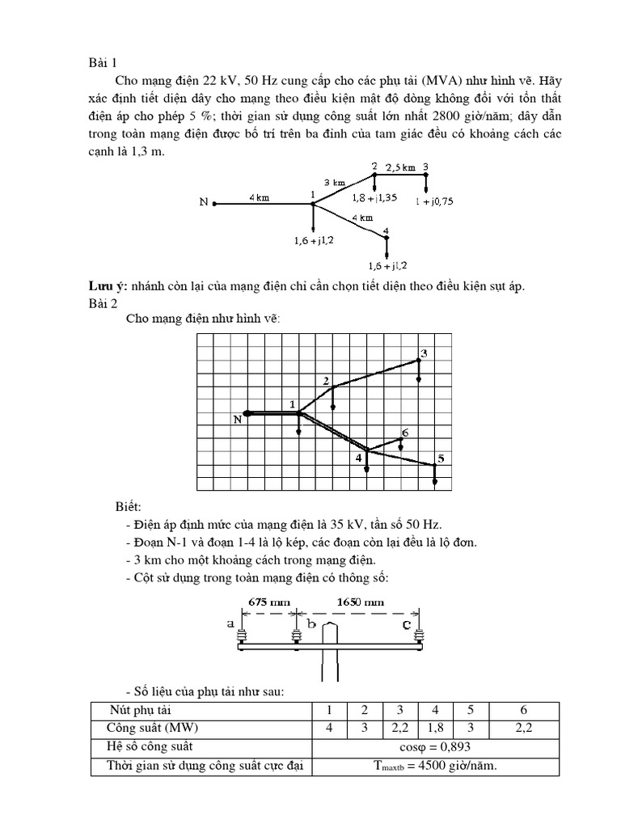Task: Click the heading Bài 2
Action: [x=103, y=303]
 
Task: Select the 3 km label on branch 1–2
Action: [x=335, y=182]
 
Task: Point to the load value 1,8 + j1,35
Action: [x=375, y=196]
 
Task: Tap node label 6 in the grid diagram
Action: [x=404, y=433]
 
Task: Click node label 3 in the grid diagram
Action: [x=423, y=353]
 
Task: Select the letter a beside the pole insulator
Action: [x=232, y=623]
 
